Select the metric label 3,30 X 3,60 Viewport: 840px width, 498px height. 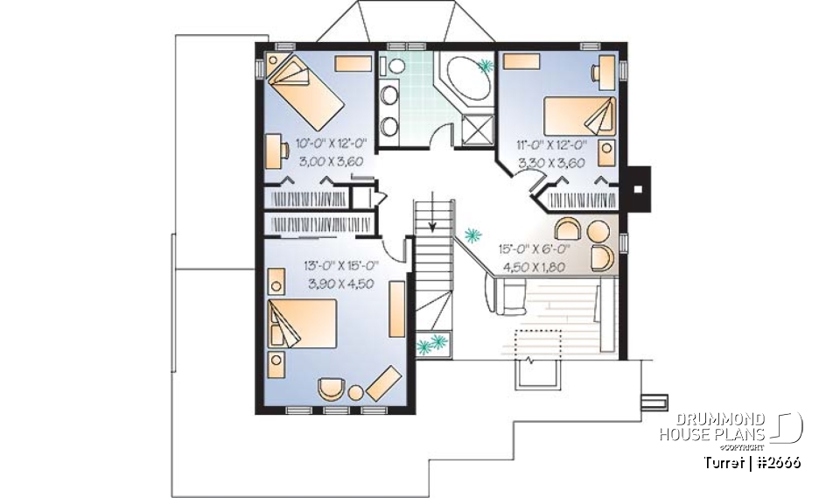click(x=550, y=162)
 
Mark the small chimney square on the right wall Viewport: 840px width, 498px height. click(x=638, y=186)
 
